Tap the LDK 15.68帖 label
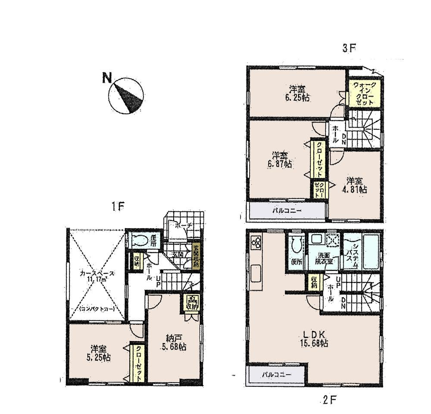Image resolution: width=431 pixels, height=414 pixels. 315,338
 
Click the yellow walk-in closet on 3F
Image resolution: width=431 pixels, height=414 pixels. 365,94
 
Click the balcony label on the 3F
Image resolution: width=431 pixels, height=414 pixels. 286,211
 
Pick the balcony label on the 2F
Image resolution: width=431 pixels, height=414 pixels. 277,374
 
